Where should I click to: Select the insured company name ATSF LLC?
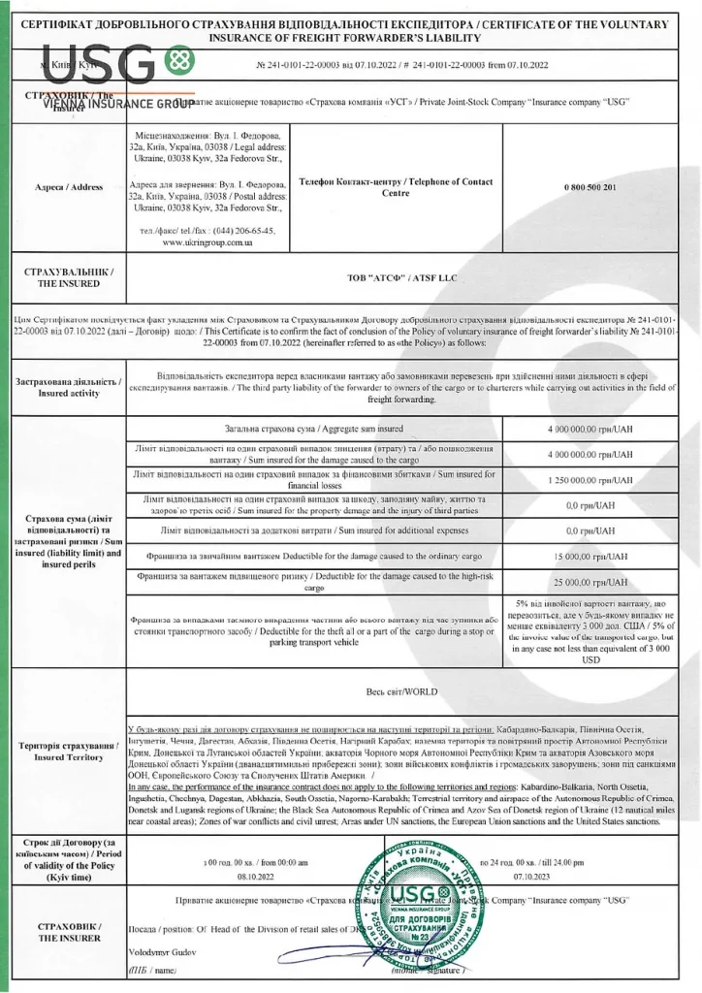point(401,278)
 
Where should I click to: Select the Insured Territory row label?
point(65,752)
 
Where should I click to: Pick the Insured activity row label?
point(65,387)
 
